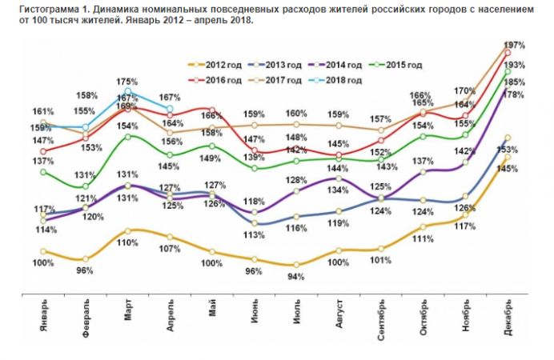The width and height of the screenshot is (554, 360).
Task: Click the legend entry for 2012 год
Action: [212, 64]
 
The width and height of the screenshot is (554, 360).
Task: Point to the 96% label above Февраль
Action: [85, 270]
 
